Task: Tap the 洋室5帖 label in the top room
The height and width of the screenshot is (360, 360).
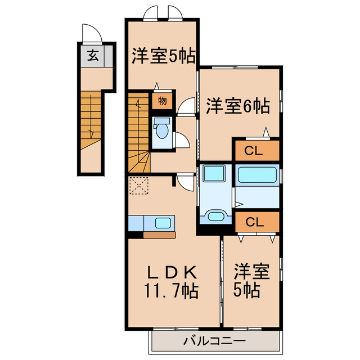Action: tap(163, 56)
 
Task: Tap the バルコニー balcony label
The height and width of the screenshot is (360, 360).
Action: tap(214, 341)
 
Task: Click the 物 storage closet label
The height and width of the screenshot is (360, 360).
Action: tap(161, 101)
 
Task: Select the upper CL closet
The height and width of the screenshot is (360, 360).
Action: tap(256, 150)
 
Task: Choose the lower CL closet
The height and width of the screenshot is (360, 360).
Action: tap(256, 221)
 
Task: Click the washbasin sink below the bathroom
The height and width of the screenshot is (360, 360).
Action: tap(214, 215)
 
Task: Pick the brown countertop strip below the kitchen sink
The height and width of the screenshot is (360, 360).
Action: tap(160, 235)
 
